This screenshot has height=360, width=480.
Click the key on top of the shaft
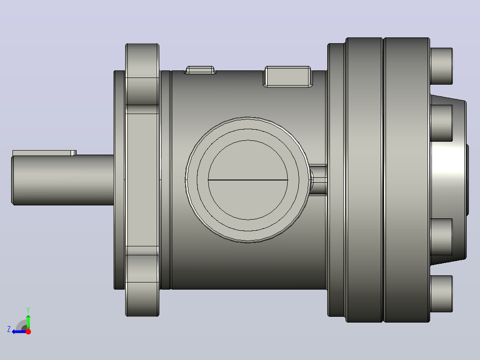[x=45, y=153]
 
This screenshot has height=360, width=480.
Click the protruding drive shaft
[x=63, y=180]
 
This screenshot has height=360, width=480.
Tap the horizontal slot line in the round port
[x=248, y=180]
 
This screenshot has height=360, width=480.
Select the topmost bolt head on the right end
[x=441, y=66]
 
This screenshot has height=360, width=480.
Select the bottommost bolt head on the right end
[x=441, y=294]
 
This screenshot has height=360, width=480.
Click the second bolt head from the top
[x=441, y=123]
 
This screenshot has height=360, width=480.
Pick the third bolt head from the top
[x=441, y=237]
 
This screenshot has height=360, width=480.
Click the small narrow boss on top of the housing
[x=200, y=70]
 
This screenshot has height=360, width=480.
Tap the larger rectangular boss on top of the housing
[x=288, y=77]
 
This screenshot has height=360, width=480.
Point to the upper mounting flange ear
[x=142, y=74]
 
